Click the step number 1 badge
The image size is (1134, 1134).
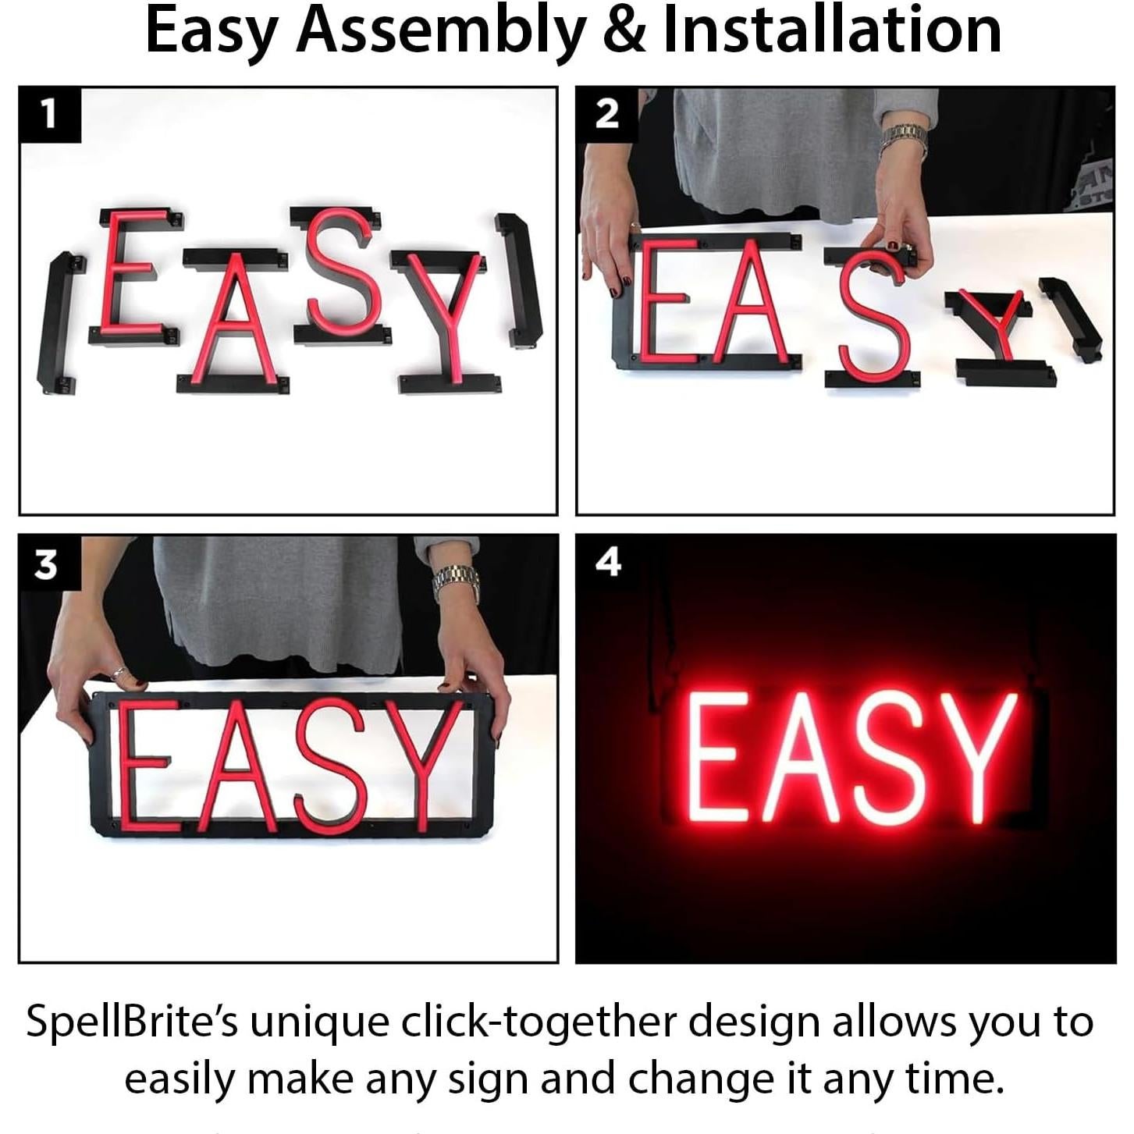point(49,116)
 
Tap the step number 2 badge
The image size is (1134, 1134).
point(606,115)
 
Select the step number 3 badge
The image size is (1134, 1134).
point(47,563)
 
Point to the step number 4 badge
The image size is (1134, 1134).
point(606,562)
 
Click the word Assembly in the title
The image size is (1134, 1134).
point(442,31)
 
